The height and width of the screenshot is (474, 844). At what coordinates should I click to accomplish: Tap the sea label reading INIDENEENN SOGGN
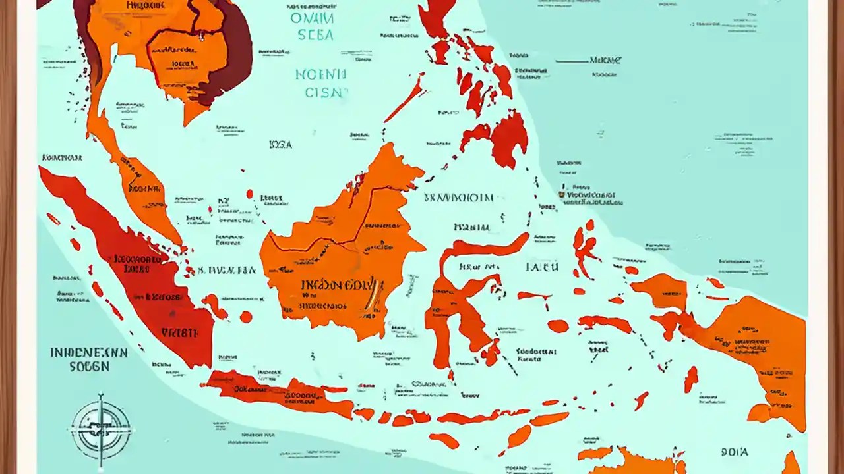(89, 359)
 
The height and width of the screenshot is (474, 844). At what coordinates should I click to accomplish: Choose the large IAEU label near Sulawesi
(542, 267)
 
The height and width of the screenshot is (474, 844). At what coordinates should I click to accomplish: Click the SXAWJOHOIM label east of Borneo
(458, 197)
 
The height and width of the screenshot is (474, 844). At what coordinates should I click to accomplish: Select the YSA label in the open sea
(281, 144)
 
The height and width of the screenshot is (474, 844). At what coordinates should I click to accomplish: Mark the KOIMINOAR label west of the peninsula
(62, 158)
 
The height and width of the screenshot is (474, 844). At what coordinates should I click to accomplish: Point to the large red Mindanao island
(509, 138)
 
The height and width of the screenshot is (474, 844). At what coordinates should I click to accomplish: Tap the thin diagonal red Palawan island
(404, 99)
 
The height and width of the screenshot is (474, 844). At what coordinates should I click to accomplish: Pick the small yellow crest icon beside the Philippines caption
(562, 195)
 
